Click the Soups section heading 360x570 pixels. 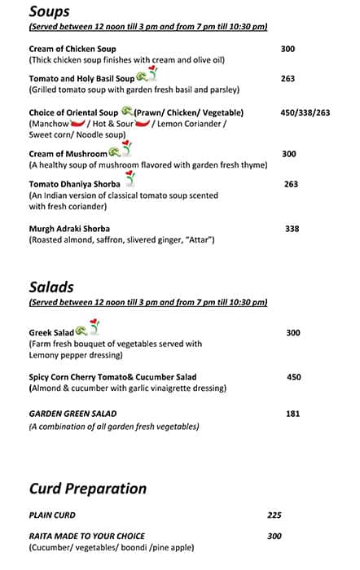tap(49, 11)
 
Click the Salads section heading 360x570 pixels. tap(51, 287)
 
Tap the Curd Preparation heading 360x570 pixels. tap(88, 489)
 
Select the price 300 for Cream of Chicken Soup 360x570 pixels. tap(288, 49)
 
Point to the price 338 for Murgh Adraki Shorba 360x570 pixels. tap(292, 229)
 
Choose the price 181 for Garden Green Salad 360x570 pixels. tap(293, 414)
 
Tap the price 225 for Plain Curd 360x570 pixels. tap(275, 515)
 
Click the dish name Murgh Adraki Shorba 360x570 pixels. tap(69, 229)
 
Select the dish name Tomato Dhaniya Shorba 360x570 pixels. tap(74, 184)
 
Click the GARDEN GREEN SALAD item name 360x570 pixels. tap(72, 414)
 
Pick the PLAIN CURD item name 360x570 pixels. tap(52, 515)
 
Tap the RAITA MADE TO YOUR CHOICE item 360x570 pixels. tap(86, 536)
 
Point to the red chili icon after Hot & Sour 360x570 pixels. tap(143, 124)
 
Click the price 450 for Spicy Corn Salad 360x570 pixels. tap(293, 377)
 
